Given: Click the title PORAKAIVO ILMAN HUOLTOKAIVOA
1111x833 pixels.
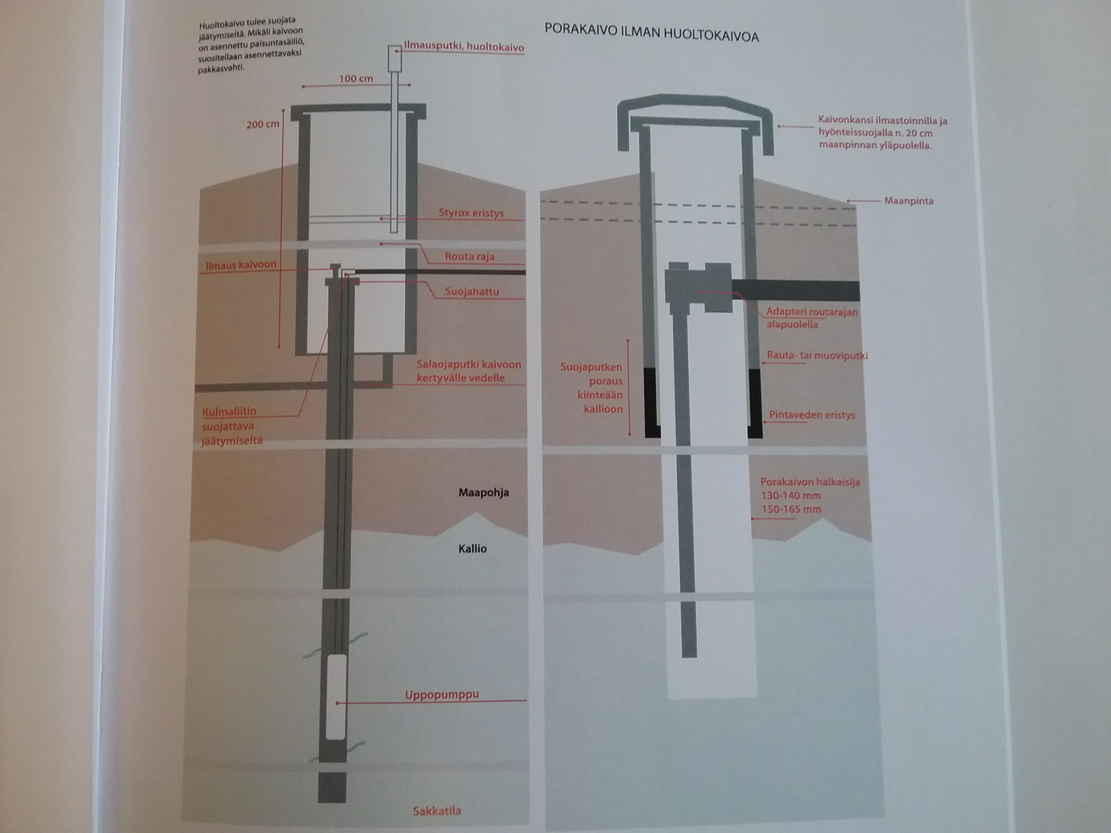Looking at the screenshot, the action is (652, 33).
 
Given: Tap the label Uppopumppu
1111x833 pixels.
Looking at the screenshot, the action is (442, 695).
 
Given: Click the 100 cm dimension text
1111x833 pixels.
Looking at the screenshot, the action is (356, 78).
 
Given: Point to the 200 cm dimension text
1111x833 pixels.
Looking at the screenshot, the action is (263, 123).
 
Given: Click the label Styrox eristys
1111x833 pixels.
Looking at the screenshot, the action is (471, 213).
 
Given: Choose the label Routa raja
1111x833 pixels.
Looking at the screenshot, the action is (470, 257).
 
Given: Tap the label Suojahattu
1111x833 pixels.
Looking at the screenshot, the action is (471, 292).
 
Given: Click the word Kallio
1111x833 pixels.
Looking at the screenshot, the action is (473, 548).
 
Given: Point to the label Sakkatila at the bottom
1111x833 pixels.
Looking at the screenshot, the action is (436, 810).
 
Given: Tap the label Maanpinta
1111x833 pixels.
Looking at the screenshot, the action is (909, 201).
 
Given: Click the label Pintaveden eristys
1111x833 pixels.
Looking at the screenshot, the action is (812, 415).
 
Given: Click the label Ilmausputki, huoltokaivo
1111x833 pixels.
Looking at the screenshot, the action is (464, 47).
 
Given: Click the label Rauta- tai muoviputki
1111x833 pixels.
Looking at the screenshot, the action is (817, 356).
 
